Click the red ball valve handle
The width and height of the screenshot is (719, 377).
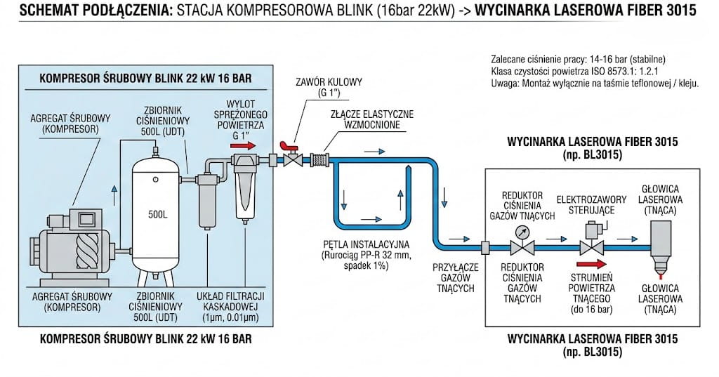click(x=286, y=147)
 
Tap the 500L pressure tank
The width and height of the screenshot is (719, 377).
click(x=158, y=211)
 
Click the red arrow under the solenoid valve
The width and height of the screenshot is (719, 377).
click(x=591, y=265)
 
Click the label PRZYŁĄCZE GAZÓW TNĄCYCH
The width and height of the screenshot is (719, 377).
click(x=456, y=277)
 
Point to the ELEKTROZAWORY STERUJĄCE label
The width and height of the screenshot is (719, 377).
click(x=586, y=204)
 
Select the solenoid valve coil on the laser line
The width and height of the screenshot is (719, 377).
click(x=591, y=231)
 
